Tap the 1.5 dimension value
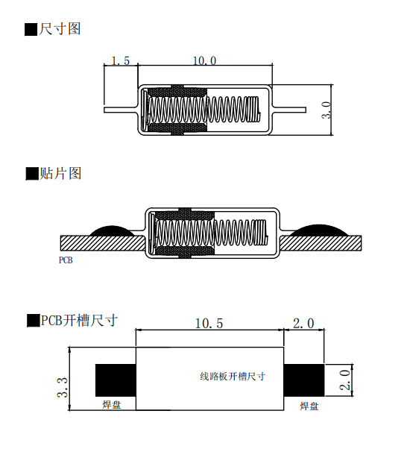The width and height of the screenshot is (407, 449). [121, 61]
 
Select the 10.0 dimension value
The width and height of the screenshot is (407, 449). [203, 61]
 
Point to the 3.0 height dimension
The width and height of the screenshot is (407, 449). [326, 110]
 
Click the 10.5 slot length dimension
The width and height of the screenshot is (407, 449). [209, 324]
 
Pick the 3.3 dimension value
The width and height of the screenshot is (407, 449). [63, 388]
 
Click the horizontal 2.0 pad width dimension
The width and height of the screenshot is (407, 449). [303, 324]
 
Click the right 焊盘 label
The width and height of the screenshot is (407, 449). [309, 405]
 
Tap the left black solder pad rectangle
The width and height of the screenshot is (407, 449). [115, 380]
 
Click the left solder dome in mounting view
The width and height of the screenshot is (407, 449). [113, 231]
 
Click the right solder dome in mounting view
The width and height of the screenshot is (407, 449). [319, 230]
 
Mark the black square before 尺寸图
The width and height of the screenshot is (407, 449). [31, 30]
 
